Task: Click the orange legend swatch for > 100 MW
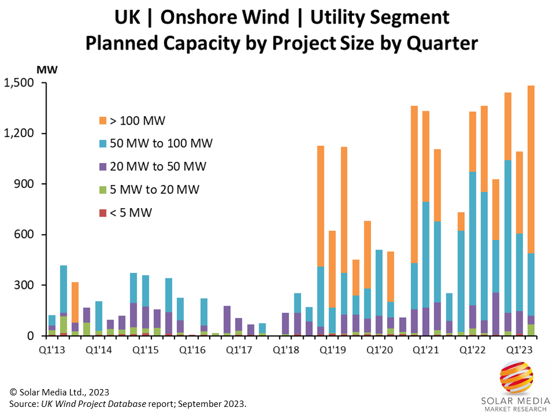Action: pyautogui.click(x=103, y=120)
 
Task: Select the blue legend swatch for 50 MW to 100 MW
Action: pyautogui.click(x=103, y=144)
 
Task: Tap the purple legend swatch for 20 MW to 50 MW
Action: pyautogui.click(x=103, y=167)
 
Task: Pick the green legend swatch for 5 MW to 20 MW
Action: pyautogui.click(x=103, y=190)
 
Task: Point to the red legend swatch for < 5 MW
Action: pyautogui.click(x=103, y=213)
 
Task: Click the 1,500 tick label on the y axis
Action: pyautogui.click(x=20, y=83)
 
